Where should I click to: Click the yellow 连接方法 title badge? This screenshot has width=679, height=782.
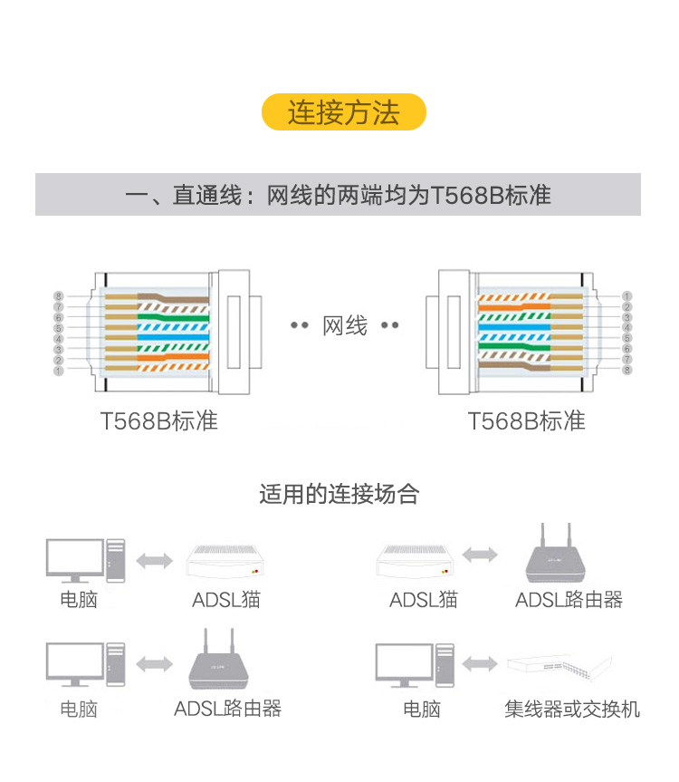click(x=343, y=112)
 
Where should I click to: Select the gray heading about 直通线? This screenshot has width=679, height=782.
click(x=338, y=195)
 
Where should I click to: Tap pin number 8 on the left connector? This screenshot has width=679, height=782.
click(x=58, y=296)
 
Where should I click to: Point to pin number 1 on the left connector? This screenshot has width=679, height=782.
click(x=58, y=370)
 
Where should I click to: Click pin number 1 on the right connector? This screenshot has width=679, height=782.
click(x=626, y=296)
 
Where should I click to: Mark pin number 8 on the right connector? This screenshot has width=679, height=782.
click(x=626, y=370)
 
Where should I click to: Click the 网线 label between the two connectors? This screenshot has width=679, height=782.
click(x=345, y=326)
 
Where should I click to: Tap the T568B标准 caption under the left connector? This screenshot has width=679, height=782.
click(x=159, y=421)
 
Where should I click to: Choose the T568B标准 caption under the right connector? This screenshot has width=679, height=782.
click(x=526, y=421)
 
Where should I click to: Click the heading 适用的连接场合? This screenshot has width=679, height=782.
click(x=339, y=494)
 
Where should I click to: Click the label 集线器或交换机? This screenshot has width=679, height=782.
click(x=572, y=709)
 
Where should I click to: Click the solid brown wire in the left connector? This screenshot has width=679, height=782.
click(x=172, y=297)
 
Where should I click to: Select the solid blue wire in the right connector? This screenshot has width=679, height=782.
click(x=516, y=327)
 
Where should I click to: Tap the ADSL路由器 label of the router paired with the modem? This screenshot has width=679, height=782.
click(x=569, y=600)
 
